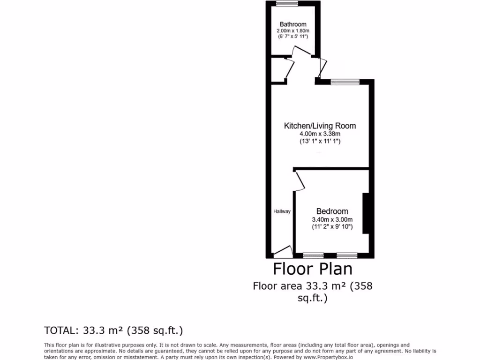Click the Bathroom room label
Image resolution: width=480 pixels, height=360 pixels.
pos(293,24)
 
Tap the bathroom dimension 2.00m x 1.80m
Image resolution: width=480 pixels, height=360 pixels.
pos(293,31)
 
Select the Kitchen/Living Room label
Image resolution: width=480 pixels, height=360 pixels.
pos(320,126)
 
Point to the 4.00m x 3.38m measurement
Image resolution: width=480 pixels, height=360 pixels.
pos(320,134)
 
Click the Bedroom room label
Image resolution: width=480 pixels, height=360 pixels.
pos(332,211)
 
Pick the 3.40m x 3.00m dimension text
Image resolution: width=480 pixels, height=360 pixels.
pos(332,219)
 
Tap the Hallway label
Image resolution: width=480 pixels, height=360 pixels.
pos(282,211)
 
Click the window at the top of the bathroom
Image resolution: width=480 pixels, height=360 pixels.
pos(284,4)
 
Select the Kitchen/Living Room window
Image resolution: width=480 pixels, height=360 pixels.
pos(345,82)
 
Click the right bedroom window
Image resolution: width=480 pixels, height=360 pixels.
pos(346,255)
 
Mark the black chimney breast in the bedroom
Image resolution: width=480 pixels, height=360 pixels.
pos(366,213)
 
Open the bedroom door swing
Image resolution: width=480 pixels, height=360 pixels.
pos(300,181)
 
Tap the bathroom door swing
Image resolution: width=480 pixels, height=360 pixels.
pos(299,52)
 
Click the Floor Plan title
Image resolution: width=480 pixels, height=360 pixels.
pos(313,269)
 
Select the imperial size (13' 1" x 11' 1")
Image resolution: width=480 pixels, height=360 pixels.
pos(320,141)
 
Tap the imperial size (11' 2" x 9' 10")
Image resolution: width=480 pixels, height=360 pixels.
pos(332,227)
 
